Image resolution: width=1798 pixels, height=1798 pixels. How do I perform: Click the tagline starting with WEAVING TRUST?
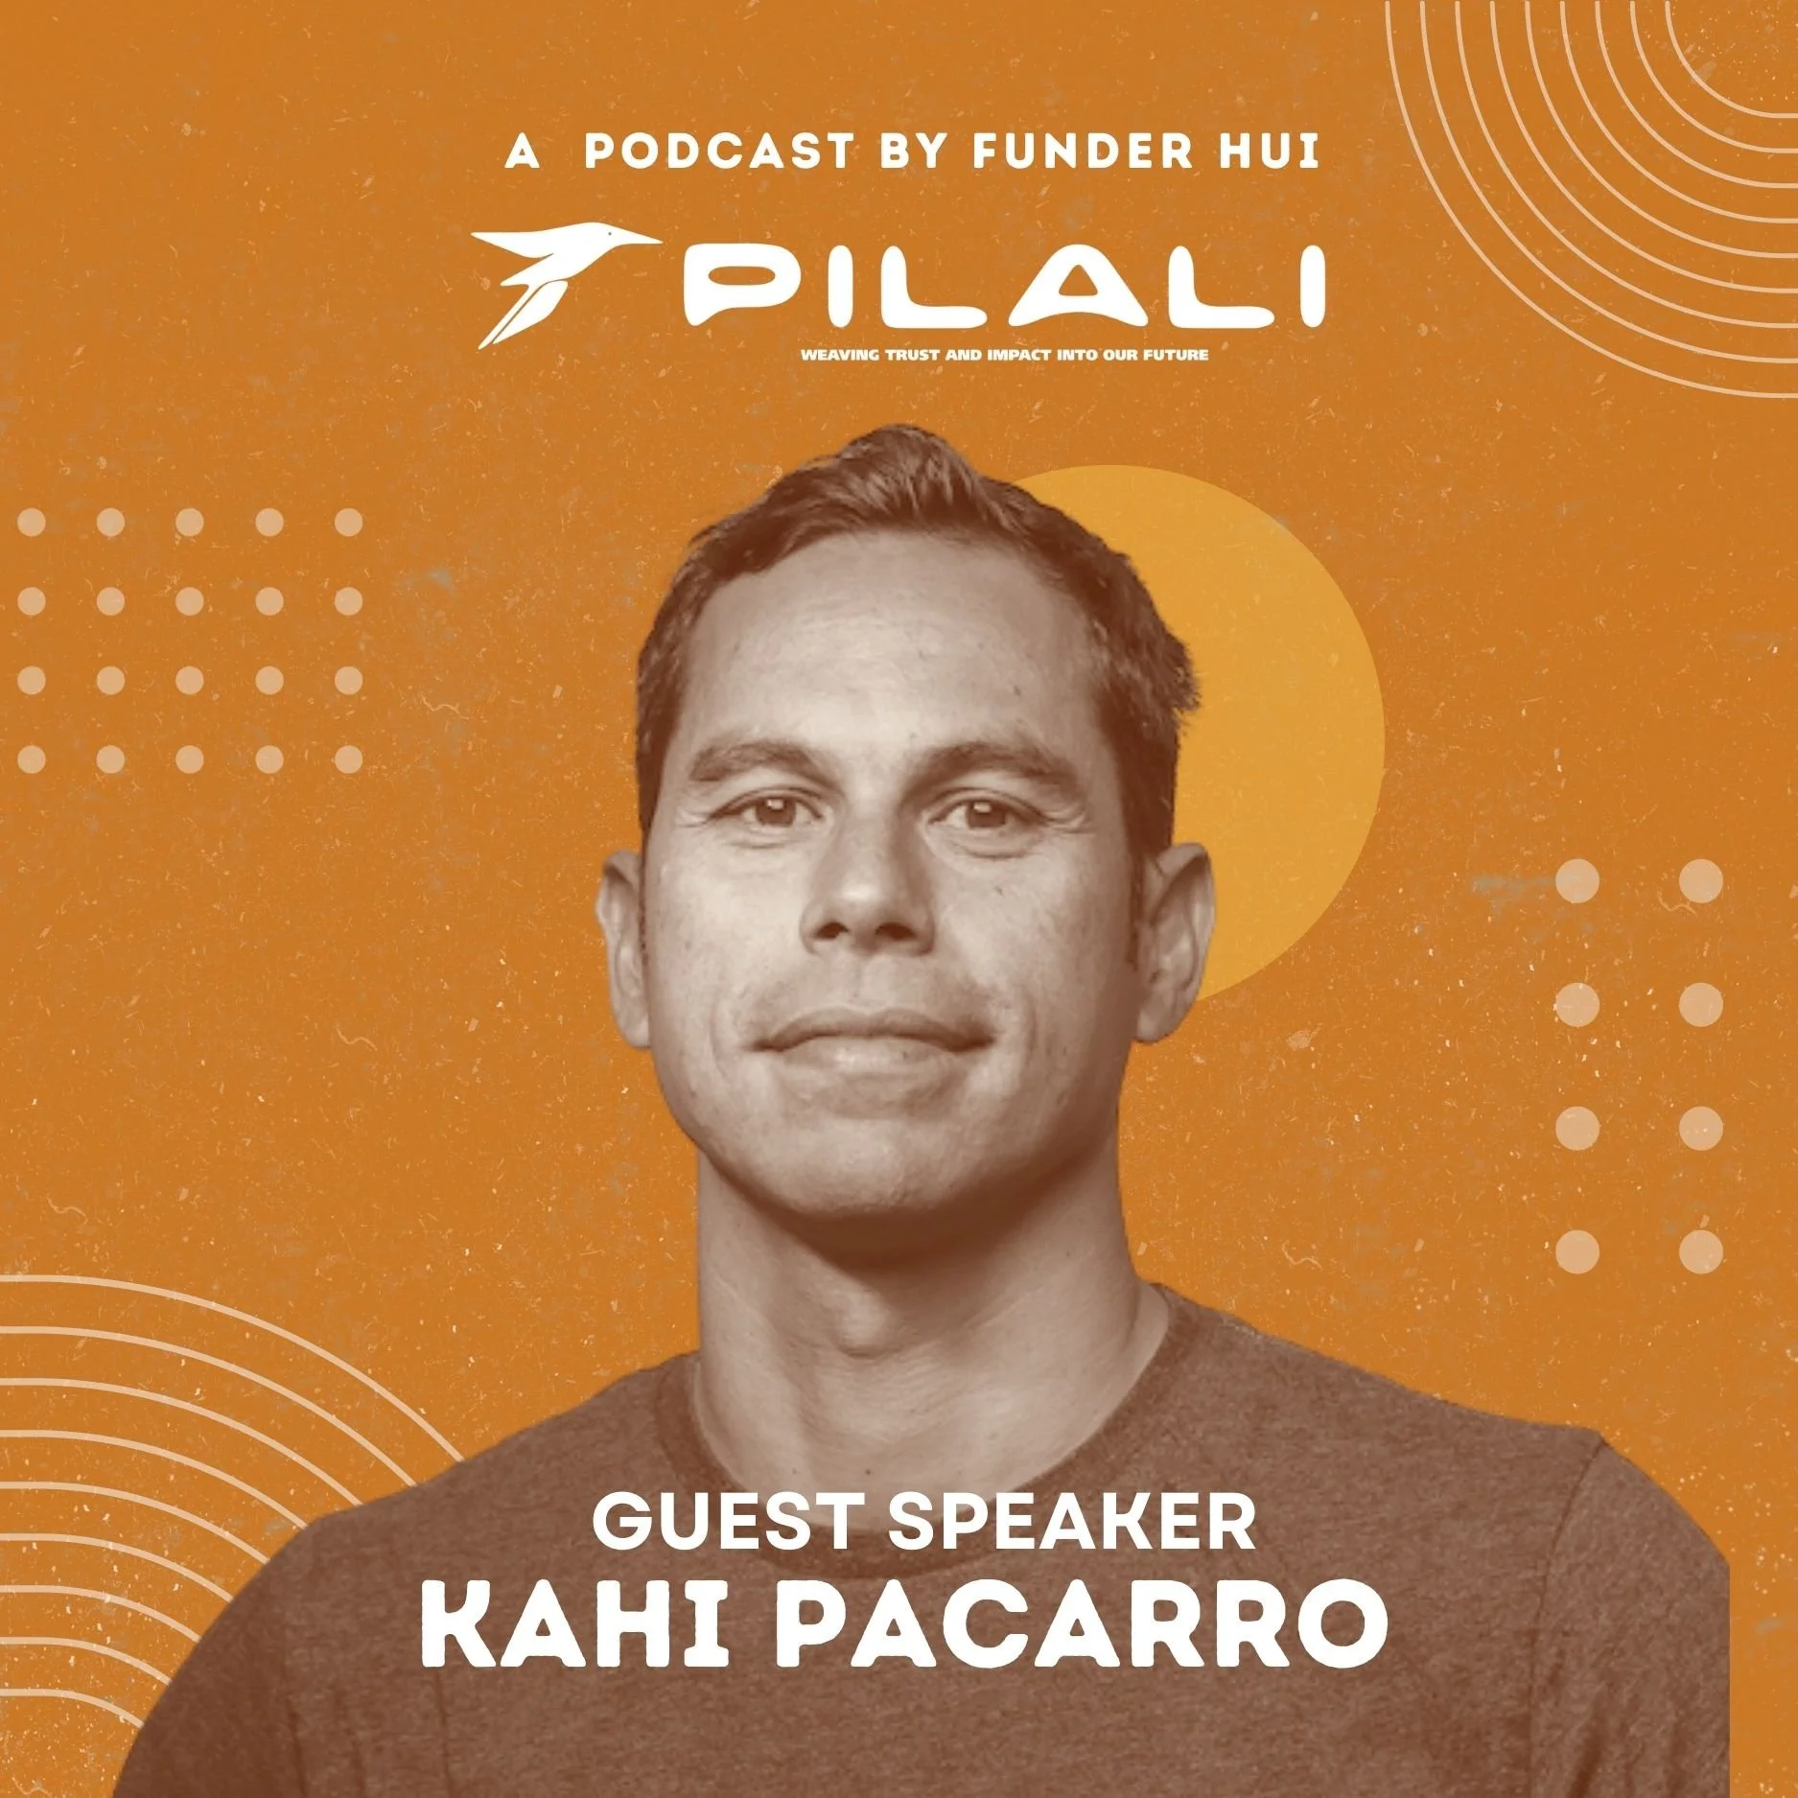point(1004,355)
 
